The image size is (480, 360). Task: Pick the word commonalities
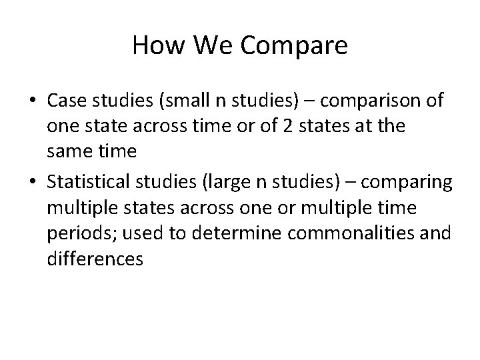[353, 233]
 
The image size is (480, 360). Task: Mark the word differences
[95, 259]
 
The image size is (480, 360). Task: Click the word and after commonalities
[437, 233]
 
